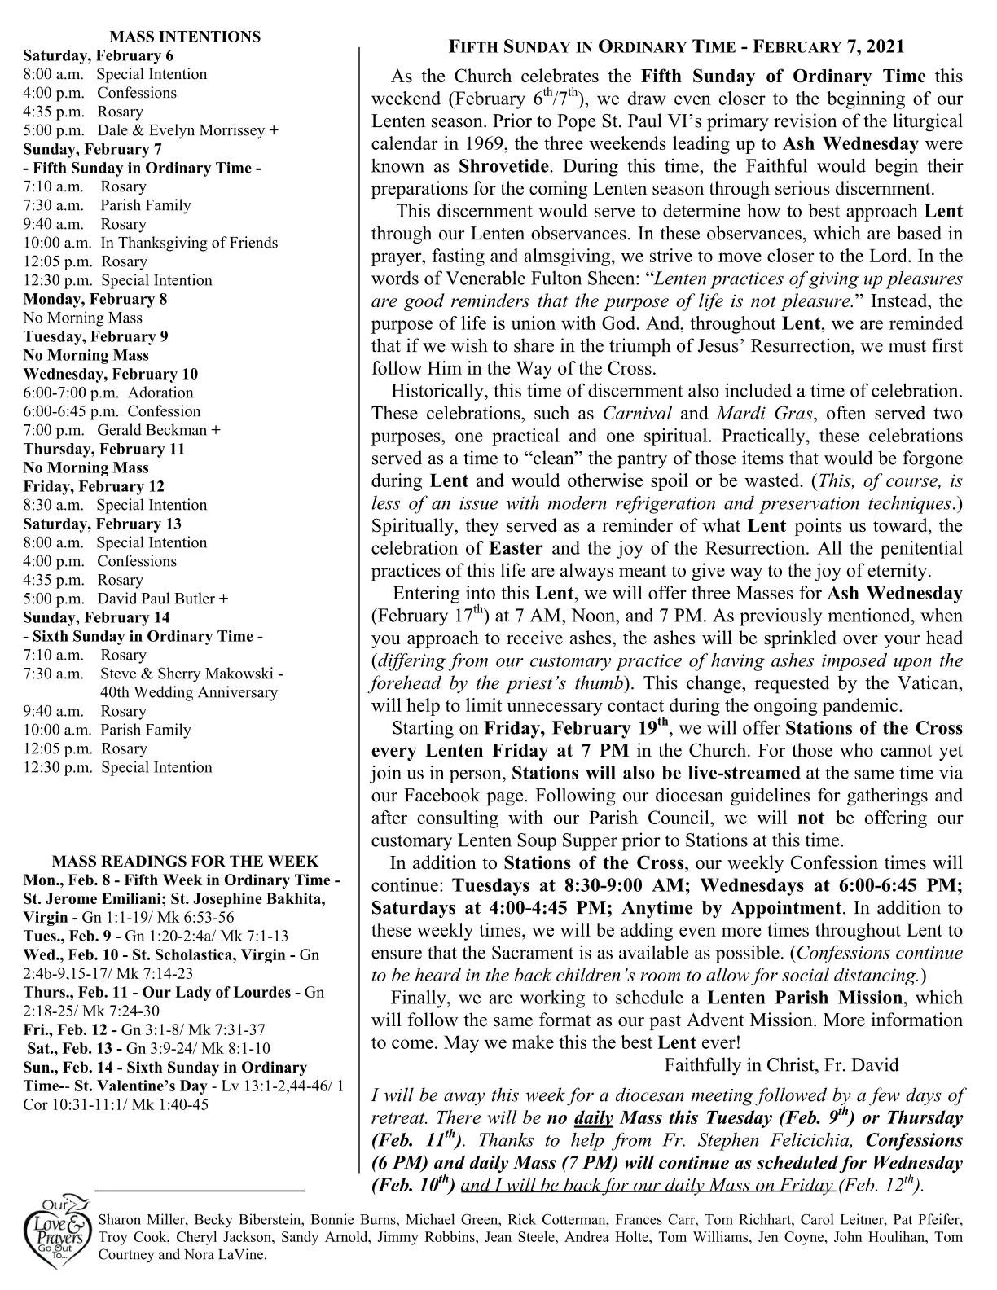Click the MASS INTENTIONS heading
click(185, 37)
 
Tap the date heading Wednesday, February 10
click(110, 374)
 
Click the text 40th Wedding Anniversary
click(189, 692)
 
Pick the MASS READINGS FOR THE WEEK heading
click(185, 861)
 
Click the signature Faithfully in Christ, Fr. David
click(781, 1064)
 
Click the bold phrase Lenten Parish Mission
click(804, 998)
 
